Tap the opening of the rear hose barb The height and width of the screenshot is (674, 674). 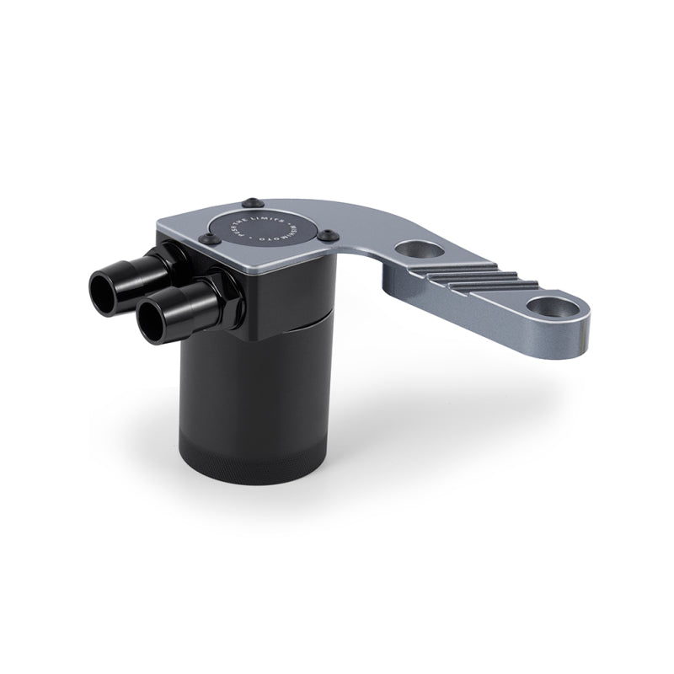[104, 288]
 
